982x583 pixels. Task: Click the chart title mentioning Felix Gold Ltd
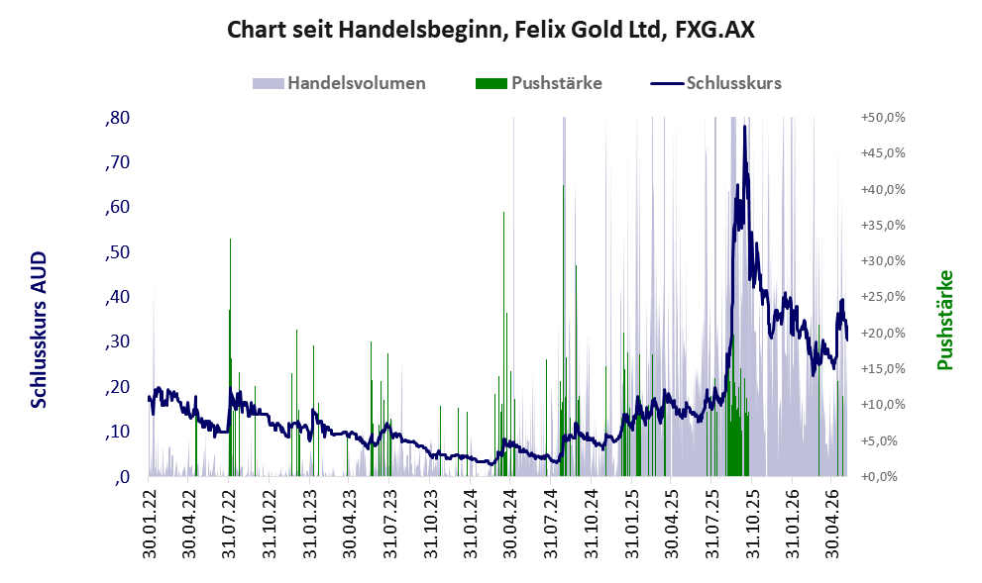pyautogui.click(x=491, y=30)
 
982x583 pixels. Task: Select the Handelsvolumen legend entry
pyautogui.click(x=339, y=83)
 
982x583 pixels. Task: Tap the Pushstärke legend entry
pyautogui.click(x=539, y=83)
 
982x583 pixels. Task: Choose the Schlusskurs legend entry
pyautogui.click(x=715, y=83)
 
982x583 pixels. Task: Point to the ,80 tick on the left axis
pyautogui.click(x=117, y=118)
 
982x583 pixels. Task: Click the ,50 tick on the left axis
pyautogui.click(x=117, y=252)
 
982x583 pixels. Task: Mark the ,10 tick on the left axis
pyautogui.click(x=117, y=432)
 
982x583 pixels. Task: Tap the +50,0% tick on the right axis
pyautogui.click(x=883, y=118)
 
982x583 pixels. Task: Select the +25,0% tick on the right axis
pyautogui.click(x=883, y=297)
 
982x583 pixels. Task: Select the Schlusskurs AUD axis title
pyautogui.click(x=39, y=330)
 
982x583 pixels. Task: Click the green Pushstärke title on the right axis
pyautogui.click(x=944, y=320)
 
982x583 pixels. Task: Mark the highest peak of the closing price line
pyautogui.click(x=744, y=127)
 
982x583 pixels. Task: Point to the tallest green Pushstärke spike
pyautogui.click(x=563, y=186)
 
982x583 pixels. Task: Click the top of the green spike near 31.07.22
pyautogui.click(x=230, y=240)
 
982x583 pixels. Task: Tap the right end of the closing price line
pyautogui.click(x=846, y=340)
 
